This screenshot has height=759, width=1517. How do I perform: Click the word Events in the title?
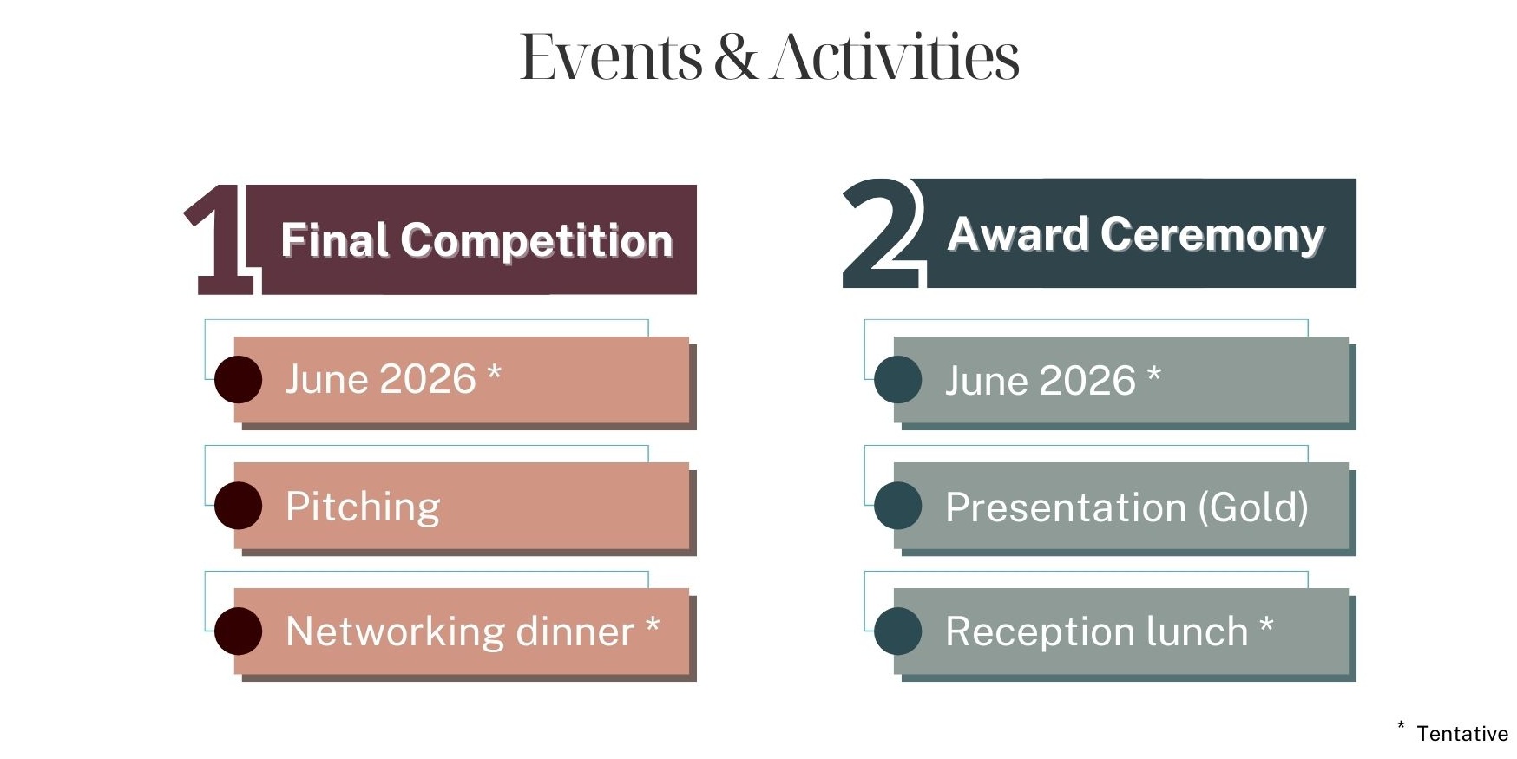pos(610,57)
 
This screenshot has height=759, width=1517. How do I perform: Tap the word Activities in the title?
pos(895,57)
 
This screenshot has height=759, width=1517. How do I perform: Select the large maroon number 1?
pos(220,240)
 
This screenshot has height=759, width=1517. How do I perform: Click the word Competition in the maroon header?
pos(536,240)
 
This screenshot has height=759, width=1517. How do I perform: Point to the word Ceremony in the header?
pos(1212,234)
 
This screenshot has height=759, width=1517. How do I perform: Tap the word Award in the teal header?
pos(1017,234)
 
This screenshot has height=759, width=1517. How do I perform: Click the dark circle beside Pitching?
pos(238,506)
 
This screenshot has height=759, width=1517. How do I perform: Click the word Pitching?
pos(363,507)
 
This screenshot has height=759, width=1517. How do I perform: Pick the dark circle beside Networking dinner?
pos(238,631)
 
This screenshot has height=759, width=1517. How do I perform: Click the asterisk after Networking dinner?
pos(653,625)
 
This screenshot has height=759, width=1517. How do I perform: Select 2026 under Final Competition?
pos(428,379)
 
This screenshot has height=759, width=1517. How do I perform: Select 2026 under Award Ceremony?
pos(1087,381)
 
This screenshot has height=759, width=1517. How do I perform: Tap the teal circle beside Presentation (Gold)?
pos(897,506)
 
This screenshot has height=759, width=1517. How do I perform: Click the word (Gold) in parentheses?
pos(1252,507)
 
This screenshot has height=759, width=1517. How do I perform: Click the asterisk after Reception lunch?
pos(1266,625)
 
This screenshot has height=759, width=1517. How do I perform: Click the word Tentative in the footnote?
pos(1461,734)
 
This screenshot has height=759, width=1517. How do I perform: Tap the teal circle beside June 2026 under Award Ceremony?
pos(897,380)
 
